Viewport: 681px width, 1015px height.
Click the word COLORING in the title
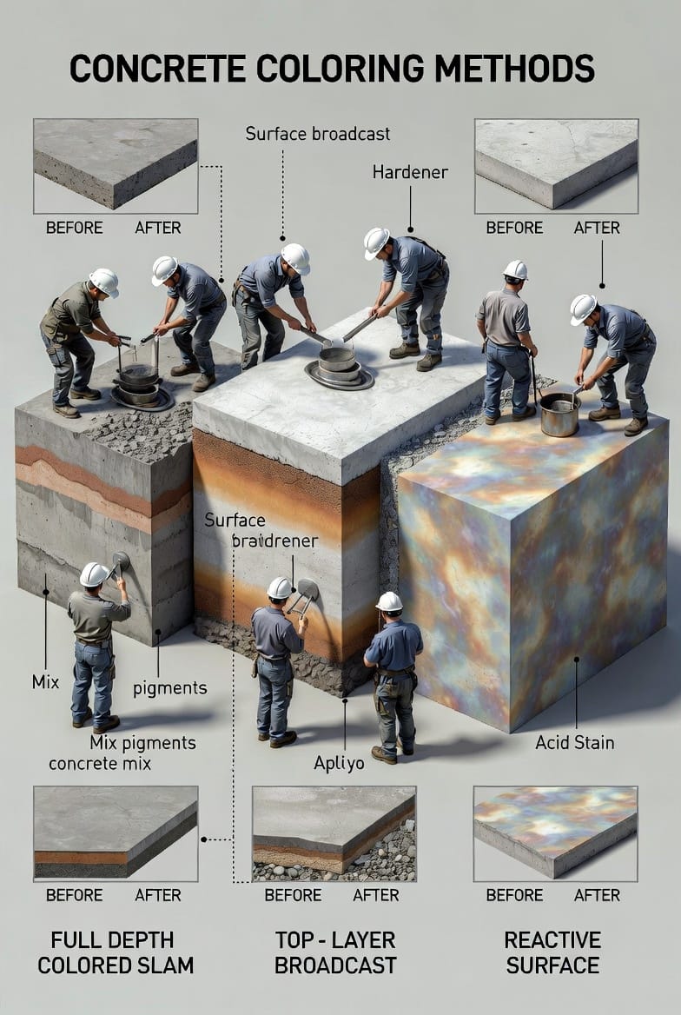coord(340,68)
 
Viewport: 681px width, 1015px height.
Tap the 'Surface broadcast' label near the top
coord(317,134)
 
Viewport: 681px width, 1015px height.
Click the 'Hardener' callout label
coord(410,172)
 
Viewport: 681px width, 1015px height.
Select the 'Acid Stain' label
coord(575,742)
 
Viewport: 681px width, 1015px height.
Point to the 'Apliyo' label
coord(339,764)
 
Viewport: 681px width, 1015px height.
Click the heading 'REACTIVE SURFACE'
coord(552,952)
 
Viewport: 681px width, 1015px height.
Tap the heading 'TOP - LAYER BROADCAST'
coord(335,952)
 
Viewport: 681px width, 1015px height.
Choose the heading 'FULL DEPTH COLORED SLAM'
coord(116,952)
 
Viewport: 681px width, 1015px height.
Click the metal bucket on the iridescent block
coord(559,415)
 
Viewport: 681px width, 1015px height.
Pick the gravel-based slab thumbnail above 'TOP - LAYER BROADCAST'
coord(334,833)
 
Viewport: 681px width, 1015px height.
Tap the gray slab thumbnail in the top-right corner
coord(556,166)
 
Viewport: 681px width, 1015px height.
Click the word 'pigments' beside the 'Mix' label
coord(170,688)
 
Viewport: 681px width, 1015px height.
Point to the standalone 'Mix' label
coord(45,681)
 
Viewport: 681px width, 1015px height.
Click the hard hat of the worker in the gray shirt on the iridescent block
coord(516,269)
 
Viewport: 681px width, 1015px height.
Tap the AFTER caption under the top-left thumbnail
coord(158,228)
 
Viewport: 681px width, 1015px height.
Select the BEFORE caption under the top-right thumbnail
coord(514,228)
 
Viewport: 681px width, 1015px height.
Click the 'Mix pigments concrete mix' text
coord(122,753)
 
